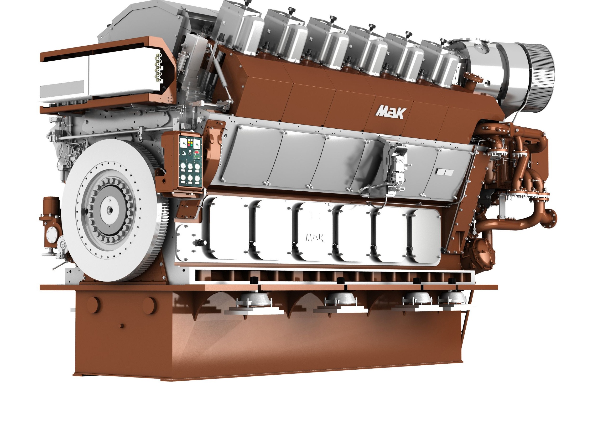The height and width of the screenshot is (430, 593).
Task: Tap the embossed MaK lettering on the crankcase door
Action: pyautogui.click(x=315, y=237)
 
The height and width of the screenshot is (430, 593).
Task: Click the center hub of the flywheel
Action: pyautogui.click(x=109, y=210)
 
